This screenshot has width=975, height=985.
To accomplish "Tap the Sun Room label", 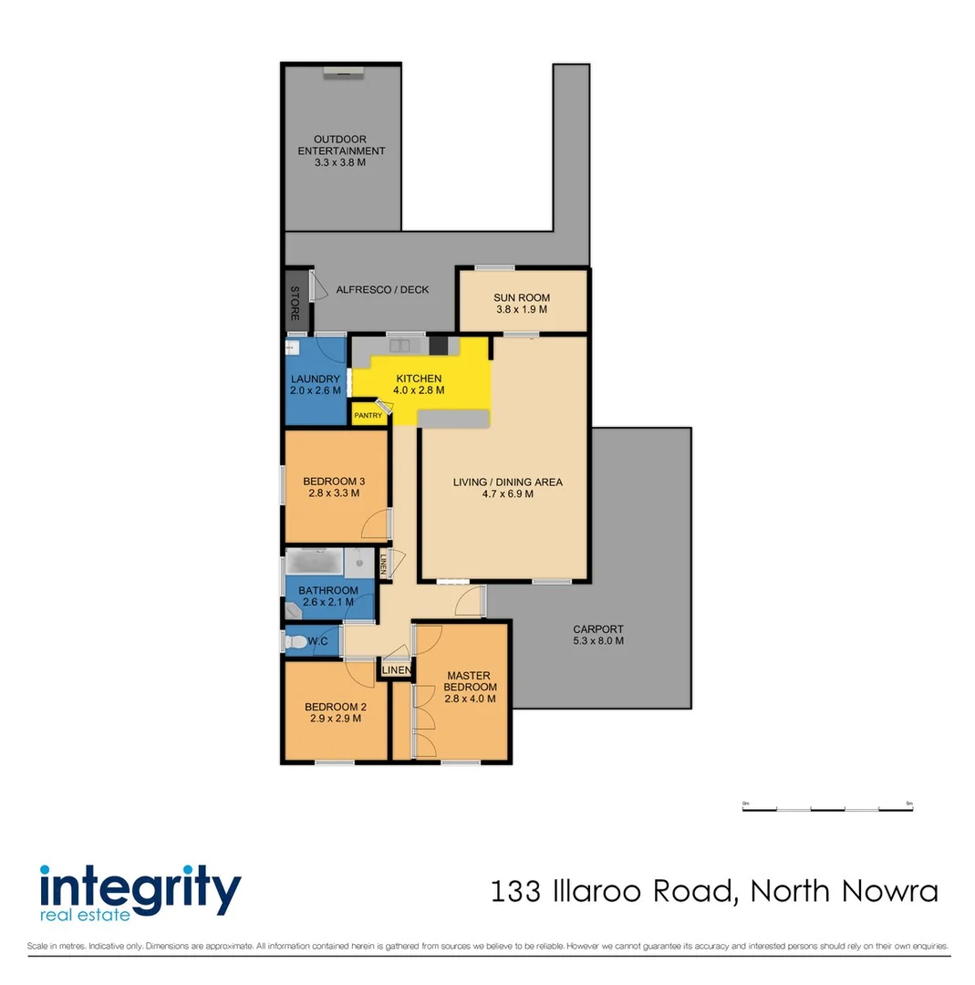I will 521,297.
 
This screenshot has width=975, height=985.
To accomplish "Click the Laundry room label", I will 316,379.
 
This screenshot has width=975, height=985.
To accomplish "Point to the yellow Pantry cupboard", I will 368,415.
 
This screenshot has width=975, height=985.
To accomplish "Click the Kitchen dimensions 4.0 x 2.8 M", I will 419,390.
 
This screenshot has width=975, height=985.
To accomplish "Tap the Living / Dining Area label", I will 508,482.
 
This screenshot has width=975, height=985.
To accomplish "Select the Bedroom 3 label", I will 334,482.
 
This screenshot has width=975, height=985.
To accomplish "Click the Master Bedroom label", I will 471,681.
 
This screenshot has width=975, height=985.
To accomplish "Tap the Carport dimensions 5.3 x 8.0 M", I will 598,641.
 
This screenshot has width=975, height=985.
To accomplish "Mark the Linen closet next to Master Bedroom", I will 396,671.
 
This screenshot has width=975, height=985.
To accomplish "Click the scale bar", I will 827,808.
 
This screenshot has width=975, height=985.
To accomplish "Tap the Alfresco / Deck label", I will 382,290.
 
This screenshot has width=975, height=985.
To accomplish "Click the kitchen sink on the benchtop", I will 399,346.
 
